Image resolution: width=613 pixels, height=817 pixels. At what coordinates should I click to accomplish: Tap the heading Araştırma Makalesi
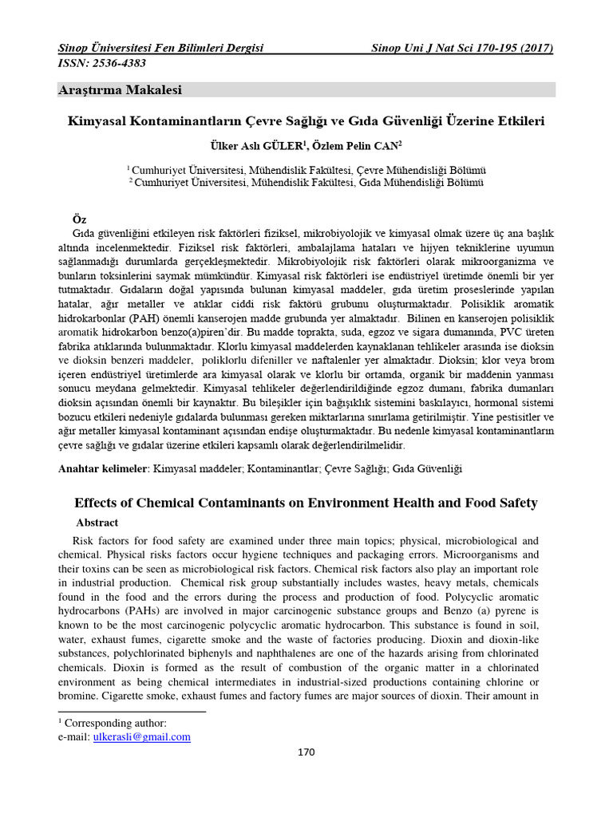coord(121,90)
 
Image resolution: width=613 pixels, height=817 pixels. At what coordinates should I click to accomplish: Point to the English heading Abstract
coord(97,523)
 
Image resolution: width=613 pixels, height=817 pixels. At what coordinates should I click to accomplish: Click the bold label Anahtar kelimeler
coord(103,469)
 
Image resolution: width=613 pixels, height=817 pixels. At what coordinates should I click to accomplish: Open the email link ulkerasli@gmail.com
coord(142,736)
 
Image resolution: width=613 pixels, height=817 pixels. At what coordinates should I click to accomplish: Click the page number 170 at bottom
coord(306,752)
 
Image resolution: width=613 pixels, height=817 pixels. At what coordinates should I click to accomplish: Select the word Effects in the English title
coord(98,503)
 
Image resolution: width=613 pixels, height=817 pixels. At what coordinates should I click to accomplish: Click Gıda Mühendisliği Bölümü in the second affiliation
coord(420,183)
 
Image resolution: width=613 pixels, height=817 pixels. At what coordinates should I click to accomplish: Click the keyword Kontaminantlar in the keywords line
coord(283,469)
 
